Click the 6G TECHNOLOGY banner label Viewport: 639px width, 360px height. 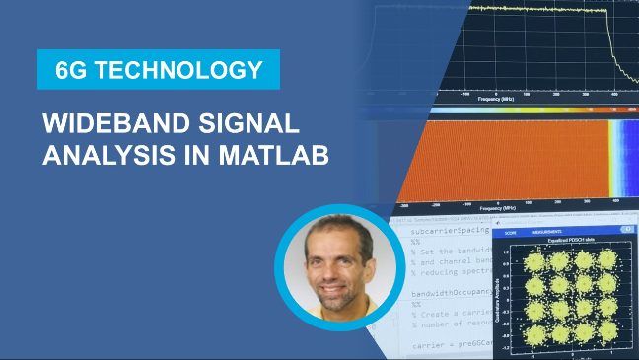coord(158,70)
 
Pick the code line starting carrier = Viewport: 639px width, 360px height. coord(454,347)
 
